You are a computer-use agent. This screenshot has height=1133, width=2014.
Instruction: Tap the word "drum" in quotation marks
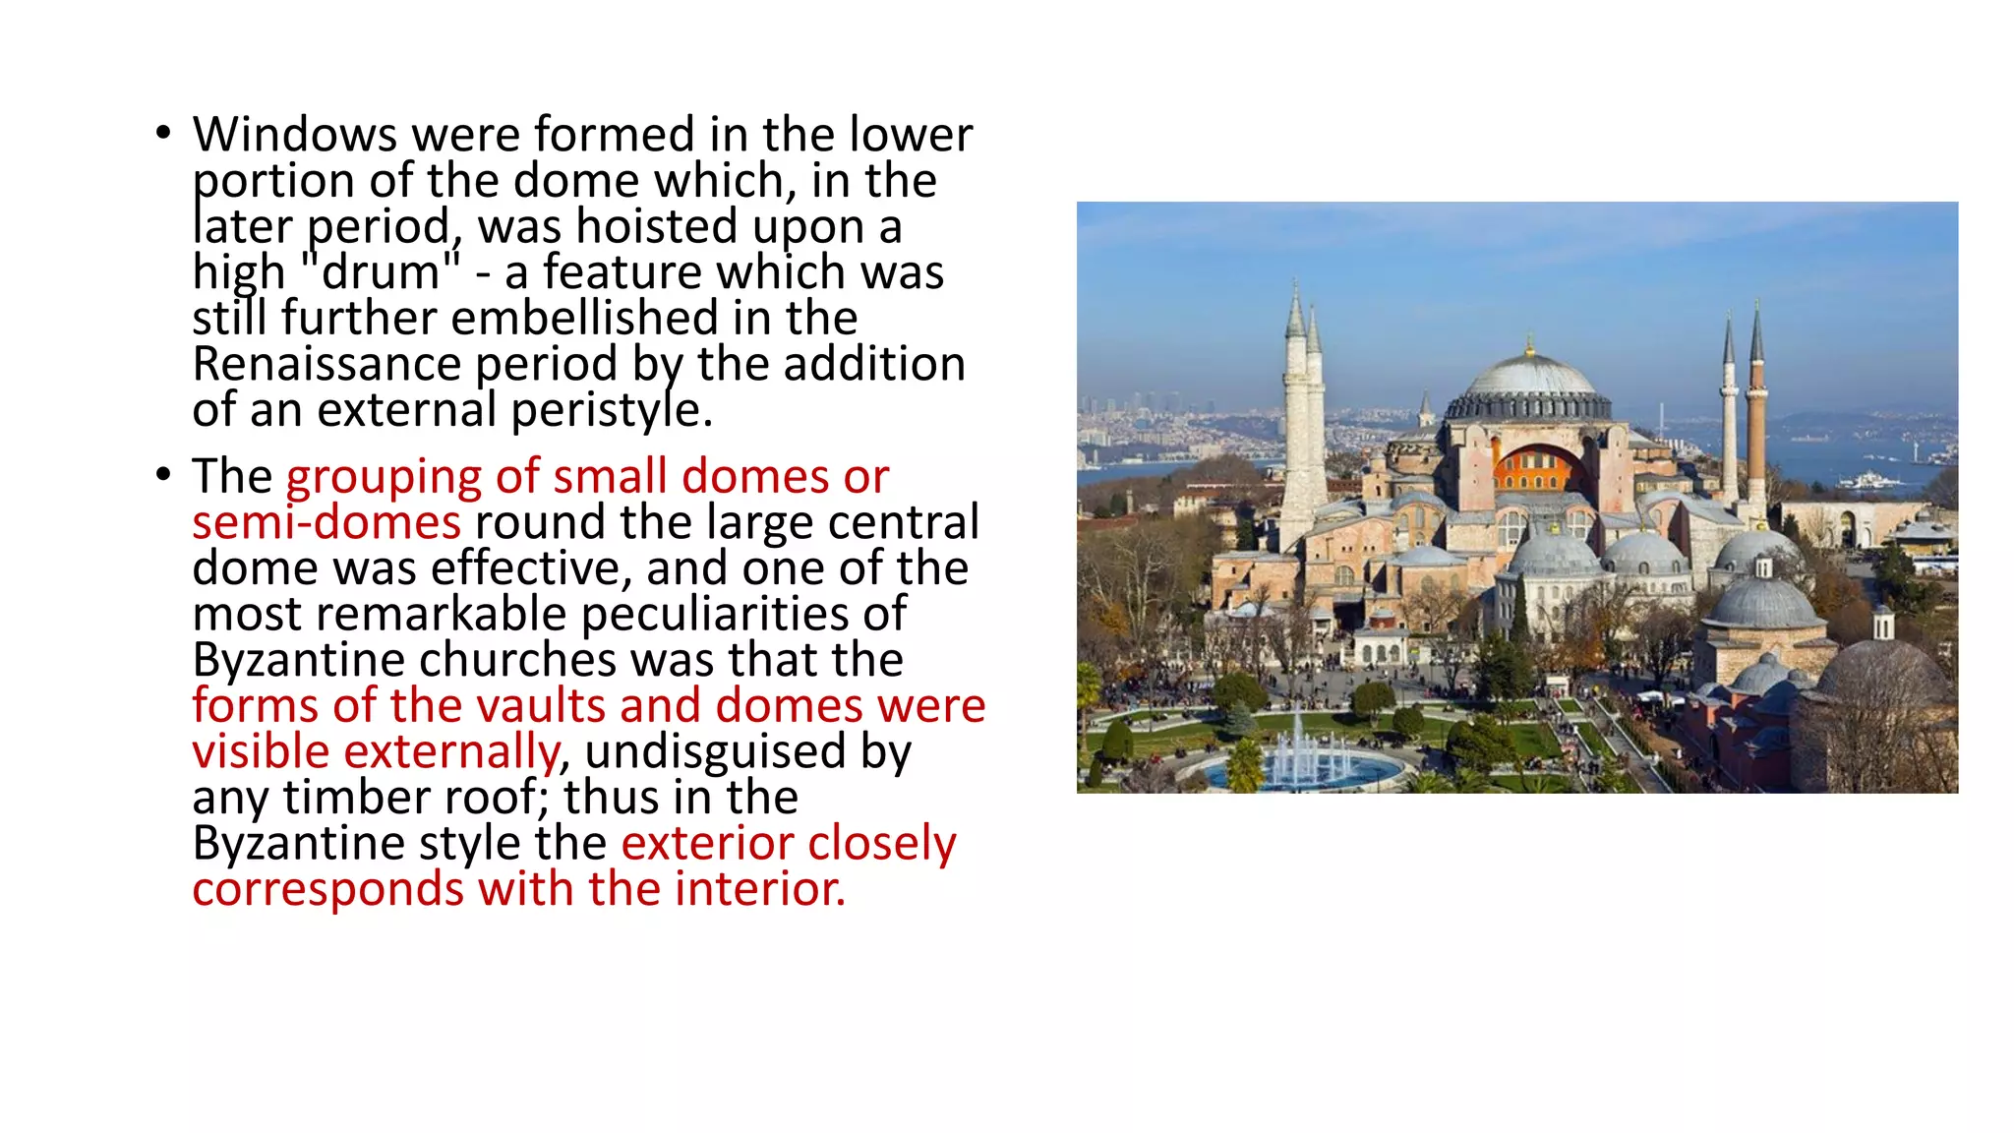coord(380,272)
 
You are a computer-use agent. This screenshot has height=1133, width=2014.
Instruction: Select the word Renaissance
coord(326,365)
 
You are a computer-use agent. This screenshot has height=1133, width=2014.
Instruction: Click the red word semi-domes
coord(326,522)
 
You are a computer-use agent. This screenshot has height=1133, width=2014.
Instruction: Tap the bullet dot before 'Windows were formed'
coord(163,133)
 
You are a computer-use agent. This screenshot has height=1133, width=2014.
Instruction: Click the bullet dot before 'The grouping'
coord(163,475)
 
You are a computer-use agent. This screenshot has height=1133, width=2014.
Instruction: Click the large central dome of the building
coord(1529,380)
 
